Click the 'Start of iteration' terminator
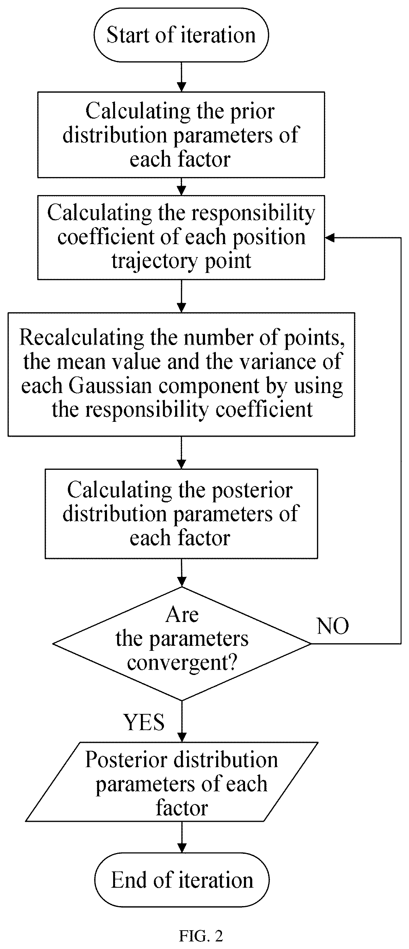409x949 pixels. pos(181,35)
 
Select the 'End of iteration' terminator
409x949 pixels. pos(182,880)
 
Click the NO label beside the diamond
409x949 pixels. pos(333,626)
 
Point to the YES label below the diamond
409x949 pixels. pos(144,722)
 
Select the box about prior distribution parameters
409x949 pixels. pos(181,135)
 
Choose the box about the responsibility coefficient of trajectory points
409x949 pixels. pos(181,237)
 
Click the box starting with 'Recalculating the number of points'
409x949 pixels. pos(182,374)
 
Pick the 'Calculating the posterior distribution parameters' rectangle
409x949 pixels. pos(181,513)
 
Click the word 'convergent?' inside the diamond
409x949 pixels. pos(182,663)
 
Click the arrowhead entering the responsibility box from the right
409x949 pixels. pos(329,238)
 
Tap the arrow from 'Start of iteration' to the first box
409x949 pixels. pos(182,77)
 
